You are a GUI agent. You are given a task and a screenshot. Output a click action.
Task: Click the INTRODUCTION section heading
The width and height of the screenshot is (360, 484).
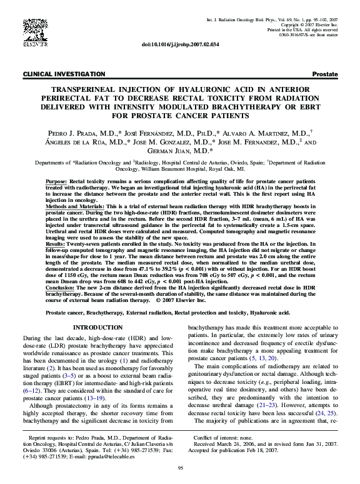tap(97, 327)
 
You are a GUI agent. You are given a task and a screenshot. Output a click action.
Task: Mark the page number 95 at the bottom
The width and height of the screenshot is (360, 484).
tap(180, 468)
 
